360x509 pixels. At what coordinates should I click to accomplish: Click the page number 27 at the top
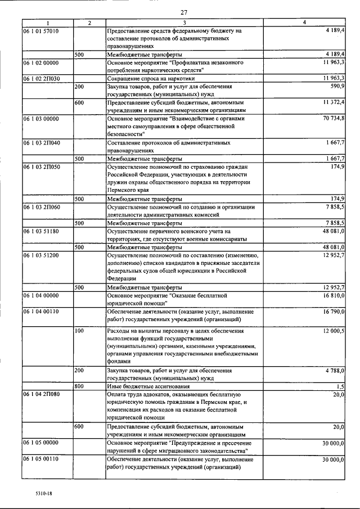click(x=184, y=13)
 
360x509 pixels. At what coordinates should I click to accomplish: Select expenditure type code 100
click(x=79, y=331)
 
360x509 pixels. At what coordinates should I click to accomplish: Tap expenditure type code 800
click(x=79, y=387)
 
